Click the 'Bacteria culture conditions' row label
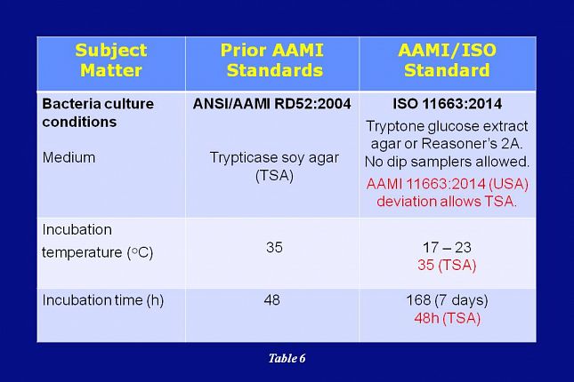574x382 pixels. (x=98, y=113)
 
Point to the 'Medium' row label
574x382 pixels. (x=69, y=157)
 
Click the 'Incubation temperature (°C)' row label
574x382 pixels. (x=97, y=241)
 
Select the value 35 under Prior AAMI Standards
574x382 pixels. (x=274, y=247)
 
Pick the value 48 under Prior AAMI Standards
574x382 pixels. (x=272, y=300)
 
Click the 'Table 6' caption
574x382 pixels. (x=287, y=359)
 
